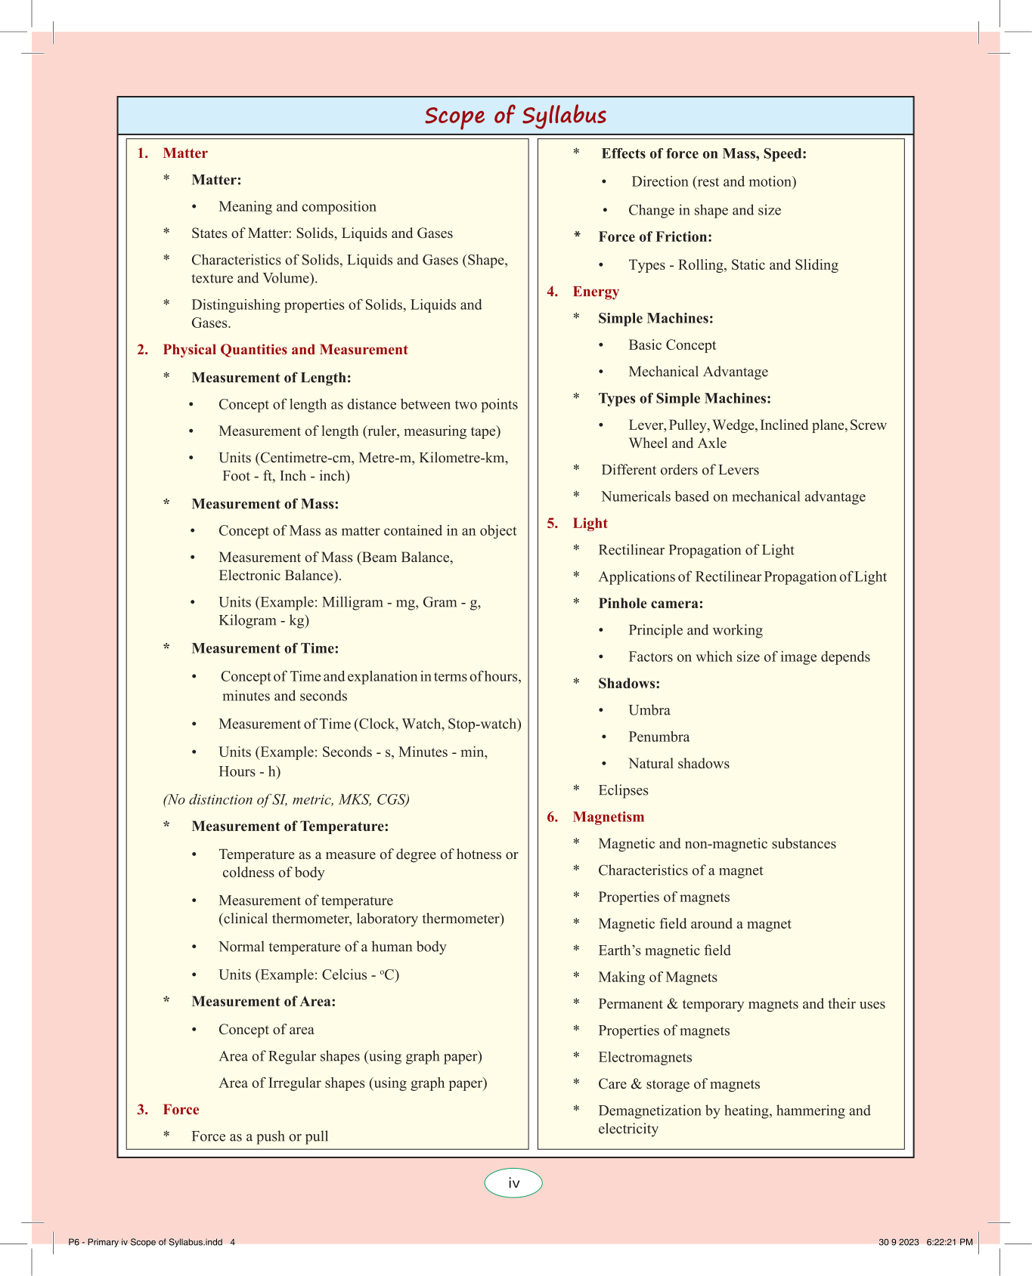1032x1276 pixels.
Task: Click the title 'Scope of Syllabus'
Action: [x=516, y=116]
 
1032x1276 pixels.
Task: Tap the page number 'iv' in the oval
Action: [x=513, y=1183]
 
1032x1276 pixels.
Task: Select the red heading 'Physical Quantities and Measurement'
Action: [x=285, y=350]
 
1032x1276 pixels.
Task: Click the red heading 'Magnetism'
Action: [x=608, y=817]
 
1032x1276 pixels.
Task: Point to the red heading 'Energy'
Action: [x=596, y=292]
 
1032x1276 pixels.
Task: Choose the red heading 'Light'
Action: [x=590, y=524]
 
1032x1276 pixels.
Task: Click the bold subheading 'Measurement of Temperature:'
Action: [x=290, y=826]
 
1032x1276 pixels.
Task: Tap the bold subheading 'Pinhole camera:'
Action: [x=650, y=604]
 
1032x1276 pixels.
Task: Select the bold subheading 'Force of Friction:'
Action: [x=655, y=237]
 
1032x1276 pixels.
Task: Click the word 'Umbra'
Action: [x=649, y=710]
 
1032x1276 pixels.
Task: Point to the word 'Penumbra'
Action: [x=659, y=737]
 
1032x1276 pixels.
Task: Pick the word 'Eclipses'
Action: [x=623, y=790]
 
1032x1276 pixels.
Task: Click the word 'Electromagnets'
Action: [x=645, y=1057]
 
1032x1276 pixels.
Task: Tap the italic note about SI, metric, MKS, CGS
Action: [x=286, y=799]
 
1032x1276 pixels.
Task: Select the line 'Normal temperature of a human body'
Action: [x=332, y=947]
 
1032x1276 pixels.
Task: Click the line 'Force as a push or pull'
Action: [x=259, y=1136]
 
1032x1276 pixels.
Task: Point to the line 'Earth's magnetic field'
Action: [x=664, y=950]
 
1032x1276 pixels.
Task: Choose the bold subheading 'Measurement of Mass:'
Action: [x=265, y=504]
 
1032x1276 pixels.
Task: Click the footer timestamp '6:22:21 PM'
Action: [x=950, y=1242]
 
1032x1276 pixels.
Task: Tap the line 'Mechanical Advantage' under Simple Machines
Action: [x=698, y=372]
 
